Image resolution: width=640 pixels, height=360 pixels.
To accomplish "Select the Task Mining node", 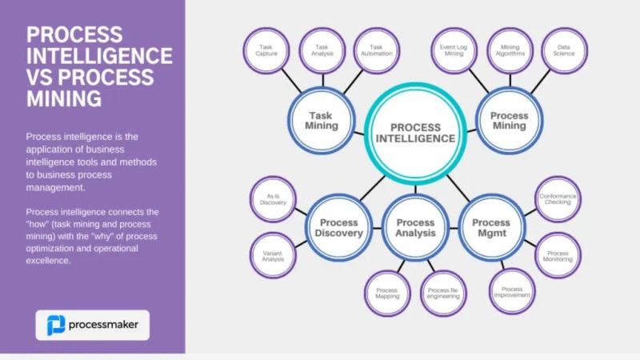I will pyautogui.click(x=322, y=120).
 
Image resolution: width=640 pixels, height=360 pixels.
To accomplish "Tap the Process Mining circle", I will pyautogui.click(x=509, y=121).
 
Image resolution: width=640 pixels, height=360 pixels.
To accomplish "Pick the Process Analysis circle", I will pyautogui.click(x=415, y=227).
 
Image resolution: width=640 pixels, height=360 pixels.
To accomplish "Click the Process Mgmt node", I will pyautogui.click(x=490, y=227).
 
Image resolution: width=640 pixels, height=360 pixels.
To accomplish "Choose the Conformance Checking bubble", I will pyautogui.click(x=558, y=199).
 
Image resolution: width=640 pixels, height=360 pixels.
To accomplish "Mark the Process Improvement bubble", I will pyautogui.click(x=511, y=294).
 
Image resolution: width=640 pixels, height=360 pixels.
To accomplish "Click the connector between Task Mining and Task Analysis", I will pyautogui.click(x=322, y=81).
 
